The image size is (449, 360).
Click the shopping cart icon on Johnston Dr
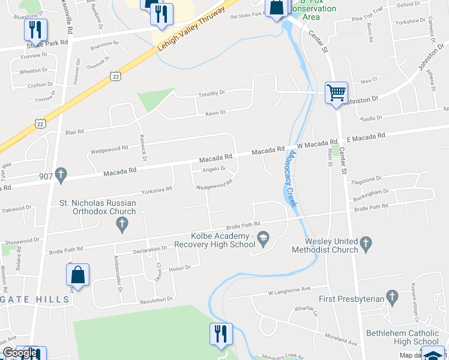pos(337,92)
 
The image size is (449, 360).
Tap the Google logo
pos(20,353)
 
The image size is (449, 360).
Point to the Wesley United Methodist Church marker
pos(366,244)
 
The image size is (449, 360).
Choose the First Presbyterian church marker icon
pos(392,296)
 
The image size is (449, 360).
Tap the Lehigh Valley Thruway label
pos(191,35)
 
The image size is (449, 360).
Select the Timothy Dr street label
pos(211,93)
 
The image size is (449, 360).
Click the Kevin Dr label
pos(215,113)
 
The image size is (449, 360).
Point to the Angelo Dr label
pos(214,169)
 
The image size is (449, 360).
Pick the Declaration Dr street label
pos(150,248)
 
